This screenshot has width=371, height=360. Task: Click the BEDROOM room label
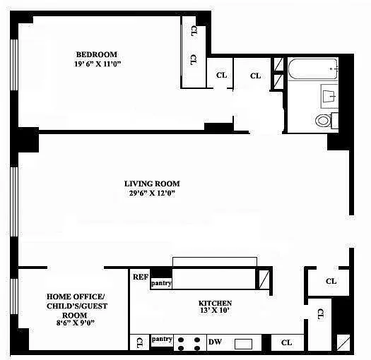tap(97, 54)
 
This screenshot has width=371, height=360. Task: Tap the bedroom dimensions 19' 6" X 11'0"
tap(98, 64)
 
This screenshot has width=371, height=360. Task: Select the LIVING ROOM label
tap(152, 184)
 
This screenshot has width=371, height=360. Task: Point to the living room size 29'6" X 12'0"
tap(152, 193)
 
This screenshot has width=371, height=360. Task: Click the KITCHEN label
tap(215, 303)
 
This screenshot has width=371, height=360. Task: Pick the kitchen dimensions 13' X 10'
tap(215, 310)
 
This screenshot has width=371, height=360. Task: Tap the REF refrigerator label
tap(141, 277)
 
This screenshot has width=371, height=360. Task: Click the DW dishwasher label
tap(215, 342)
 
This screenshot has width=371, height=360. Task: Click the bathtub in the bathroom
tap(313, 69)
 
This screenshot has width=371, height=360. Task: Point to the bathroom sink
tap(329, 96)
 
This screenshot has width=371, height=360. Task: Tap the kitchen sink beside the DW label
tap(243, 344)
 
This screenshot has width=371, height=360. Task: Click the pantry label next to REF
tap(161, 283)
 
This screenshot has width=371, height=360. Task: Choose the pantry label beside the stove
tap(162, 340)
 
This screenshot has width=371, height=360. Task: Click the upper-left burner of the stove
tap(181, 340)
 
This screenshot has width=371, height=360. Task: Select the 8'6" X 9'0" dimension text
tap(76, 323)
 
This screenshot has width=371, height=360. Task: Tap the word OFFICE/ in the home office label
tap(89, 296)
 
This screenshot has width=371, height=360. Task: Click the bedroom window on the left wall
tap(14, 64)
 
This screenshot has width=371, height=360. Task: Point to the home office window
tap(14, 296)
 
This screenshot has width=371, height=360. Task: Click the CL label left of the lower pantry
tap(140, 343)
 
